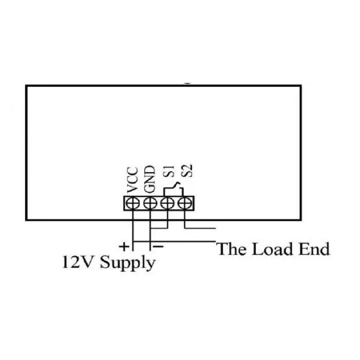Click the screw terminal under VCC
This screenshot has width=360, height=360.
click(133, 203)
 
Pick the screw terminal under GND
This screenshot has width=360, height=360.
click(150, 203)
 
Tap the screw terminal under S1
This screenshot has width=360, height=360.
click(167, 203)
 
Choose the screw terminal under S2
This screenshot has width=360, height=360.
click(185, 203)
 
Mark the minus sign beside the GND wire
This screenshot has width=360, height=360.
click(158, 247)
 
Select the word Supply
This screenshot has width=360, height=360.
click(128, 264)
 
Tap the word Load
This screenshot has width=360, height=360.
click(272, 249)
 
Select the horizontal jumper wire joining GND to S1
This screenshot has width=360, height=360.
click(159, 228)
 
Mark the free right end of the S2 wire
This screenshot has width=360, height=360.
click(215, 228)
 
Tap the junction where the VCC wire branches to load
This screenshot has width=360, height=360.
click(133, 241)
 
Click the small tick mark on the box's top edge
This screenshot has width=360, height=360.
click(187, 84)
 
